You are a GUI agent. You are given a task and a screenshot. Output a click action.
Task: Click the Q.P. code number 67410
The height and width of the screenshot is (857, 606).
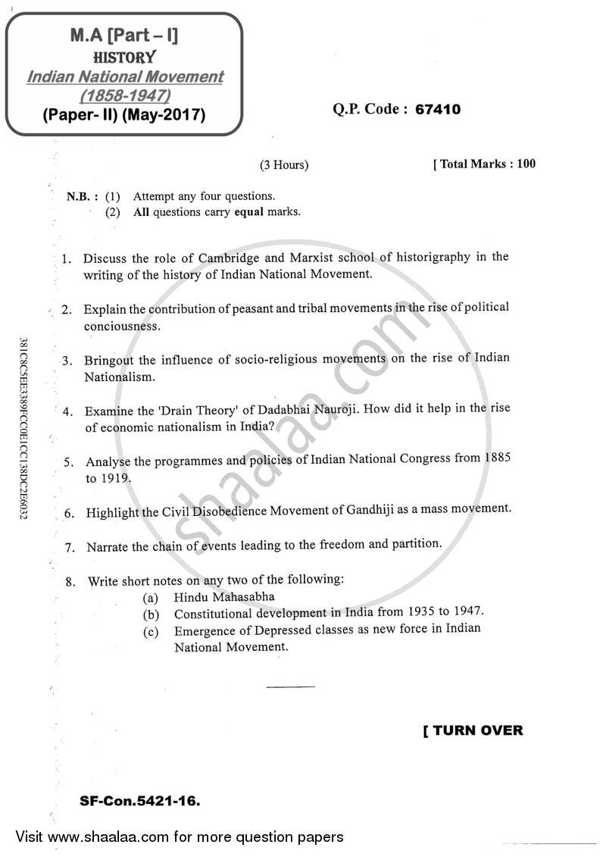point(438,109)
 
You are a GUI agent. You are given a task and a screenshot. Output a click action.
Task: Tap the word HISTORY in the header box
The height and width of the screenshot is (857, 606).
point(125,56)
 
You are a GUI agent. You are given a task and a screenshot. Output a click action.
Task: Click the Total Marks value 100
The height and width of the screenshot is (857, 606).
point(526,164)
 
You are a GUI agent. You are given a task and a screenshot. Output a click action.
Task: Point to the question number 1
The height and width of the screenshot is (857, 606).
point(67,258)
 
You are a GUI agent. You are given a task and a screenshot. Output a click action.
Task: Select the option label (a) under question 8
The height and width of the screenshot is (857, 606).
point(151,598)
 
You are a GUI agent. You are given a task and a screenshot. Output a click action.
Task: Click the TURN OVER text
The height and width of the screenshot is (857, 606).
point(474,730)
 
